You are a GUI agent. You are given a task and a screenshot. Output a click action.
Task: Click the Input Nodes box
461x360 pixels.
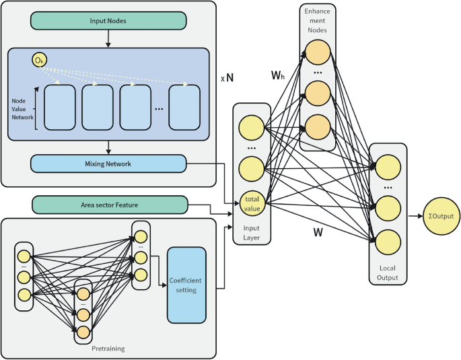pos(108,21)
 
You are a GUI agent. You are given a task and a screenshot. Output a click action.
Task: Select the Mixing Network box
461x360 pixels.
pos(108,164)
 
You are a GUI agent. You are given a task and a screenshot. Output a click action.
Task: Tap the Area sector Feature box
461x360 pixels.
pos(109,205)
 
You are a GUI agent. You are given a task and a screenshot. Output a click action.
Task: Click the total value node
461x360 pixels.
pos(252,205)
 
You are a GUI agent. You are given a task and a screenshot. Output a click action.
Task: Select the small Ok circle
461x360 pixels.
pos(39,61)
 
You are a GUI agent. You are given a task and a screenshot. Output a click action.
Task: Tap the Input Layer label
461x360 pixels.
pos(252,232)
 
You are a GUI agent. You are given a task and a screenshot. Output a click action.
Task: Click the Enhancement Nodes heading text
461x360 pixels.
pos(317,22)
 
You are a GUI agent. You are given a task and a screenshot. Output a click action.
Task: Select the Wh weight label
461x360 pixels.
pos(278,76)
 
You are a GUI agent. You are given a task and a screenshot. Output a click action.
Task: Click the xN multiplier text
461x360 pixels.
pos(227,77)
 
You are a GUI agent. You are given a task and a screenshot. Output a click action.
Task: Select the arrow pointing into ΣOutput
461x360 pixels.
pos(413,215)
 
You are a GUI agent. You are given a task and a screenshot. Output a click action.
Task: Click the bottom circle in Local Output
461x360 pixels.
pos(388,240)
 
